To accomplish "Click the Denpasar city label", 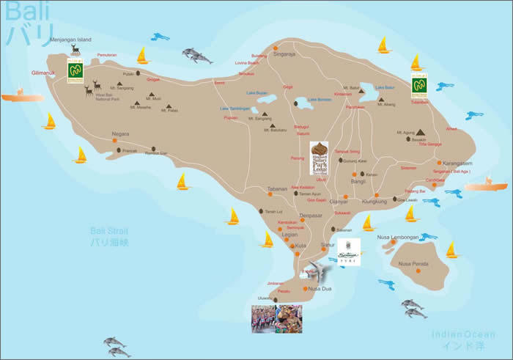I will point(312,216).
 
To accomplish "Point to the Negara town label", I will point(120,134).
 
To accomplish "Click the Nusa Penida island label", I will point(413,263).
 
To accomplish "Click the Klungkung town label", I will point(379,199).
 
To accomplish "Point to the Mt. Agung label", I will point(405,133).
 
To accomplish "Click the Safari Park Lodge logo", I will point(320,157).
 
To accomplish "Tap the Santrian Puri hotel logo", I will point(349,251).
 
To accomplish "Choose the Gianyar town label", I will point(339,200).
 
